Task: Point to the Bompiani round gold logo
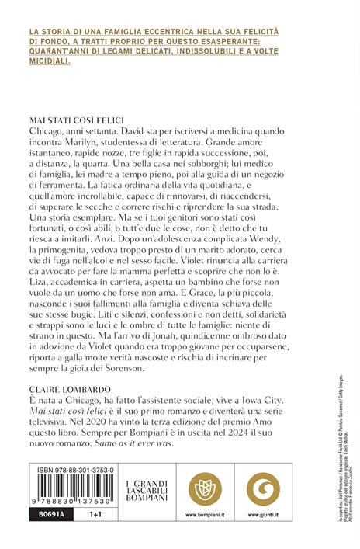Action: click(x=193, y=482)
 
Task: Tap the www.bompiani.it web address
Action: click(x=193, y=514)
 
